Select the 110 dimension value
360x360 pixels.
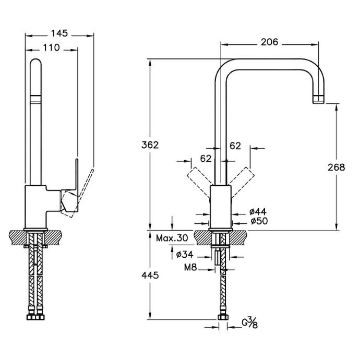[51, 48]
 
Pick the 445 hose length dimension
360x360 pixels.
[150, 274]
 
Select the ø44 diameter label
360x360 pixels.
[258, 212]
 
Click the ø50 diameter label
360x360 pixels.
[258, 221]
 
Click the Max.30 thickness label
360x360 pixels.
[172, 238]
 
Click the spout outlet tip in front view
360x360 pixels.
[318, 99]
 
